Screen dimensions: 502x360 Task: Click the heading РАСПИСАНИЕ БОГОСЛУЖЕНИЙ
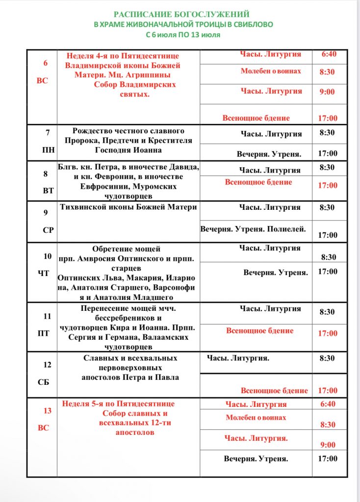(x=181, y=14)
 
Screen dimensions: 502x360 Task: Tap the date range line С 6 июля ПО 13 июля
(x=182, y=35)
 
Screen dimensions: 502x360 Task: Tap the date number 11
(x=48, y=316)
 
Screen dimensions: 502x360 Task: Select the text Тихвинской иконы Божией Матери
(x=128, y=207)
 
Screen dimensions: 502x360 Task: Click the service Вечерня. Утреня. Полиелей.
(x=253, y=228)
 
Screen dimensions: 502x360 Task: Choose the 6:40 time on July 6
(x=329, y=54)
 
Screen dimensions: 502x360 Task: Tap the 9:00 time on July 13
(x=328, y=445)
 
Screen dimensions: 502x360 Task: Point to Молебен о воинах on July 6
(x=271, y=72)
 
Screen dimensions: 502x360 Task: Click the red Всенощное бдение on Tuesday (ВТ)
(x=258, y=182)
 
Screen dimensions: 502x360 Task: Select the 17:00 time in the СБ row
(x=328, y=391)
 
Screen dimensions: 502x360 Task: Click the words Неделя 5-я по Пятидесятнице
(x=118, y=404)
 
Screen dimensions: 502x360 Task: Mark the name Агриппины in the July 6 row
(x=160, y=75)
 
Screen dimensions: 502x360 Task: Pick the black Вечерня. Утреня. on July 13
(x=256, y=459)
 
